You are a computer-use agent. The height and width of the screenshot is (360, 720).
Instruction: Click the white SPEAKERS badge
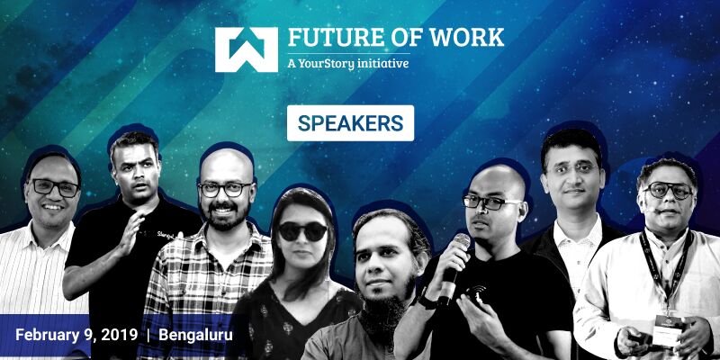click(x=350, y=123)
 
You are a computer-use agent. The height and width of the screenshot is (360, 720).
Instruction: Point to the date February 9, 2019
click(x=76, y=335)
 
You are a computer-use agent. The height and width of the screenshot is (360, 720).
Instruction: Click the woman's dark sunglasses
click(x=302, y=230)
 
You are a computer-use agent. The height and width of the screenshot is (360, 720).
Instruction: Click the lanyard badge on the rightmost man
click(x=669, y=322)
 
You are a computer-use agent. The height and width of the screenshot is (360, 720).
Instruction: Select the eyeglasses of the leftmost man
click(x=53, y=187)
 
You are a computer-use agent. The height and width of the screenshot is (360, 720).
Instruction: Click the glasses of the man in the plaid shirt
click(x=224, y=189)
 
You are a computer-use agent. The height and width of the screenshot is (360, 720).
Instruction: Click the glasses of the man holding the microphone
click(x=490, y=202)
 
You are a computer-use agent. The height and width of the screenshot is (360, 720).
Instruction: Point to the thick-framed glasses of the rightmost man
click(x=667, y=191)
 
